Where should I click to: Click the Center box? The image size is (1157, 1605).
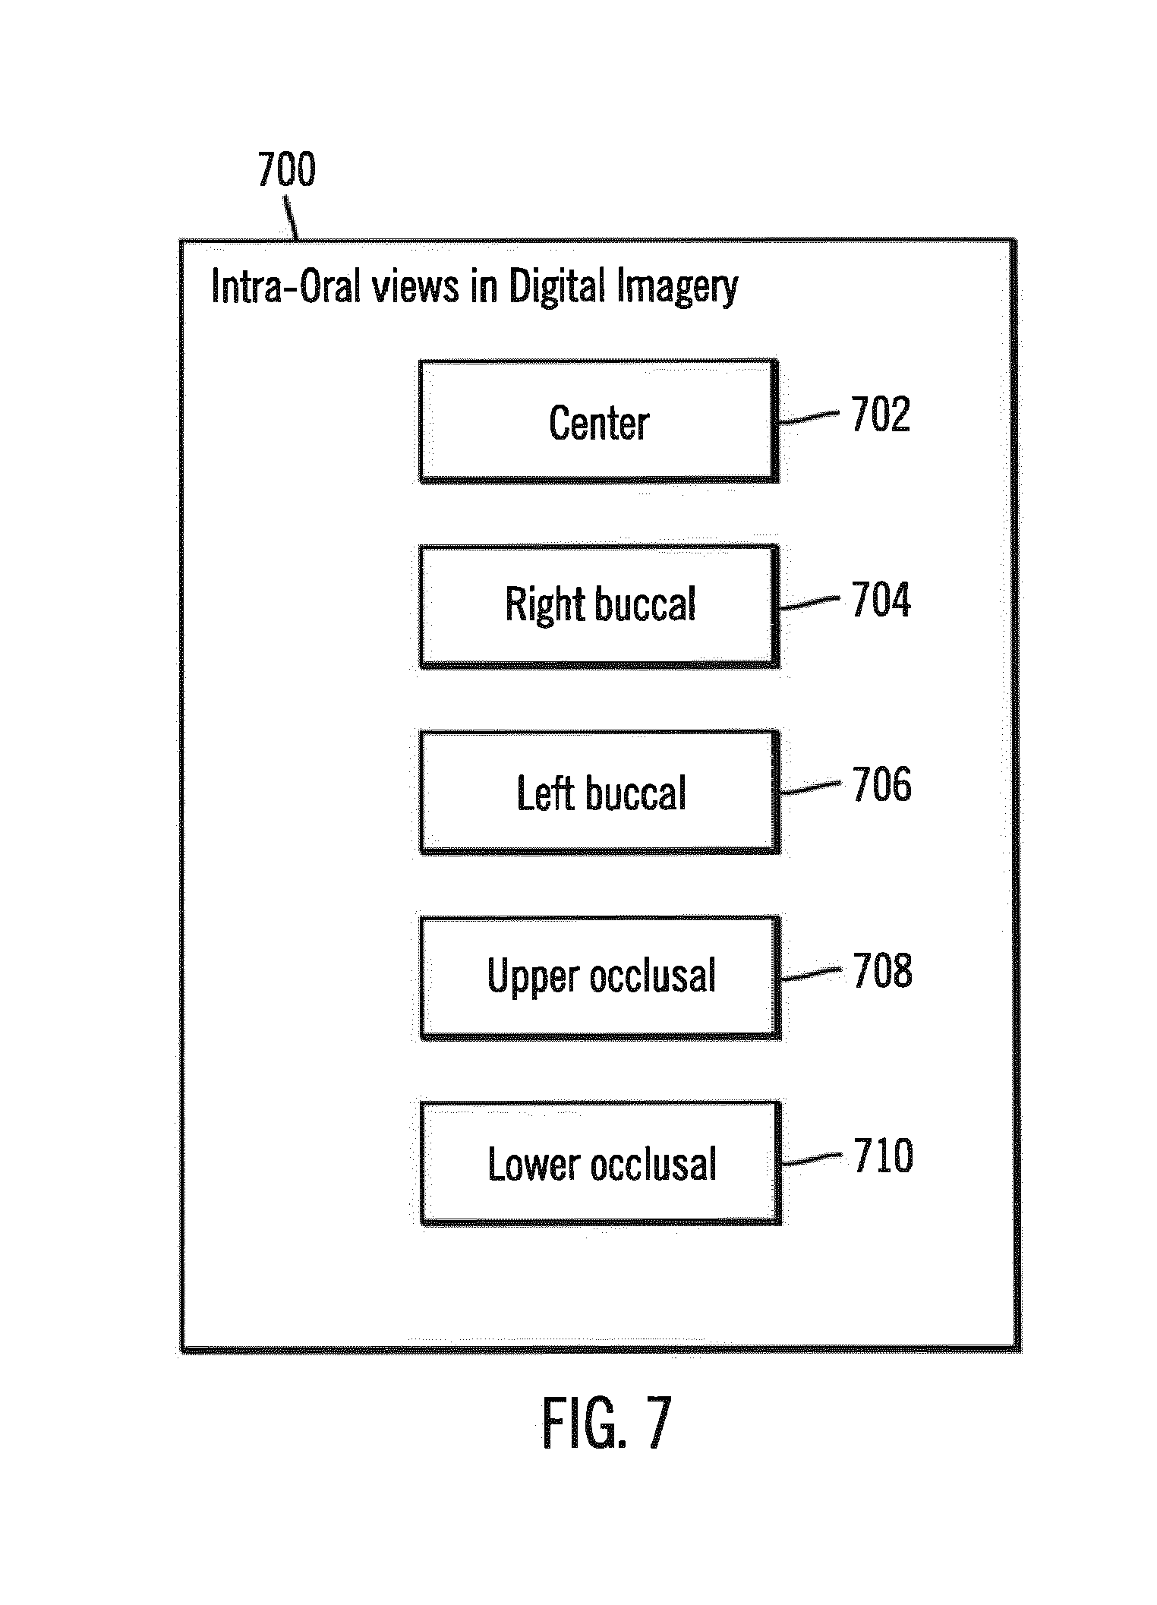[599, 421]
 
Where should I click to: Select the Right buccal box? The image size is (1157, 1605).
[599, 606]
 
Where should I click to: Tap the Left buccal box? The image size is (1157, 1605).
[600, 792]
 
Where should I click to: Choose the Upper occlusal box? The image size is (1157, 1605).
[601, 977]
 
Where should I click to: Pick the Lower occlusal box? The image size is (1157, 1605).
[601, 1162]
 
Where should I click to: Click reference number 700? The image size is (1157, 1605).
[286, 169]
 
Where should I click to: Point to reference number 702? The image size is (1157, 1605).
[880, 415]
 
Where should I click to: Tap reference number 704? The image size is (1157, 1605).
[881, 600]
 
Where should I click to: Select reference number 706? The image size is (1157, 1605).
[881, 784]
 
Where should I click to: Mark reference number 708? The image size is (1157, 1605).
[882, 970]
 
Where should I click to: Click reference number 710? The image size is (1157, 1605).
[883, 1156]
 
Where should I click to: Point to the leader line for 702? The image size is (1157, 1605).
[809, 418]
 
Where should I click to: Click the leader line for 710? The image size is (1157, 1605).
[811, 1159]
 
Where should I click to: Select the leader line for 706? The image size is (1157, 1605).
[810, 788]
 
